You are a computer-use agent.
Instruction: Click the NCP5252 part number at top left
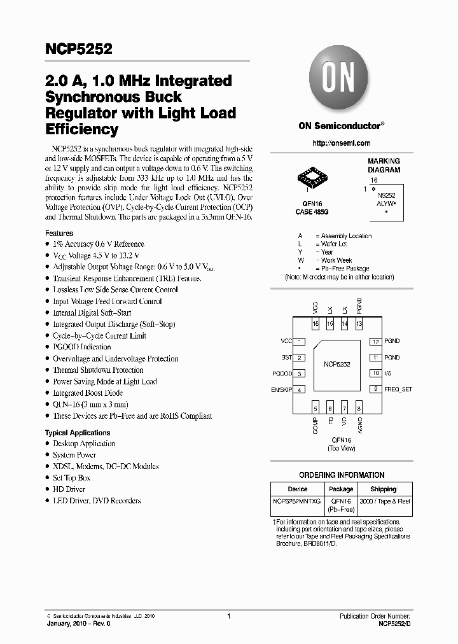[x=79, y=49]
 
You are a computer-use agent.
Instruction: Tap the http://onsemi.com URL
[x=341, y=143]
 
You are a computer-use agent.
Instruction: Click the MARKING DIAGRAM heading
[x=384, y=165]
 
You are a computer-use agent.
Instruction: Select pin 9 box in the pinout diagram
[x=376, y=389]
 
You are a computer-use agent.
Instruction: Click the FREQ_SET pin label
[x=398, y=389]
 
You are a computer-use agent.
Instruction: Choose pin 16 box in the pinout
[x=315, y=324]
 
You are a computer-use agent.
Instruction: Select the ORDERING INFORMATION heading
[x=342, y=475]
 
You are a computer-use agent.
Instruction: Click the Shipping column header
[x=384, y=489]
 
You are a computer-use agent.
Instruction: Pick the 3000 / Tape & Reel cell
[x=385, y=501]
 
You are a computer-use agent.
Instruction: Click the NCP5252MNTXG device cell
[x=297, y=501]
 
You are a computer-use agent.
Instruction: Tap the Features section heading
[x=59, y=234]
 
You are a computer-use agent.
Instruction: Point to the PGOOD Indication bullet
[x=81, y=347]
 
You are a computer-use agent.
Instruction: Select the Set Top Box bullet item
[x=71, y=478]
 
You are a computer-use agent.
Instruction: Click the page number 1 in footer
[x=228, y=617]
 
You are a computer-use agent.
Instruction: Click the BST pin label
[x=287, y=358]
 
